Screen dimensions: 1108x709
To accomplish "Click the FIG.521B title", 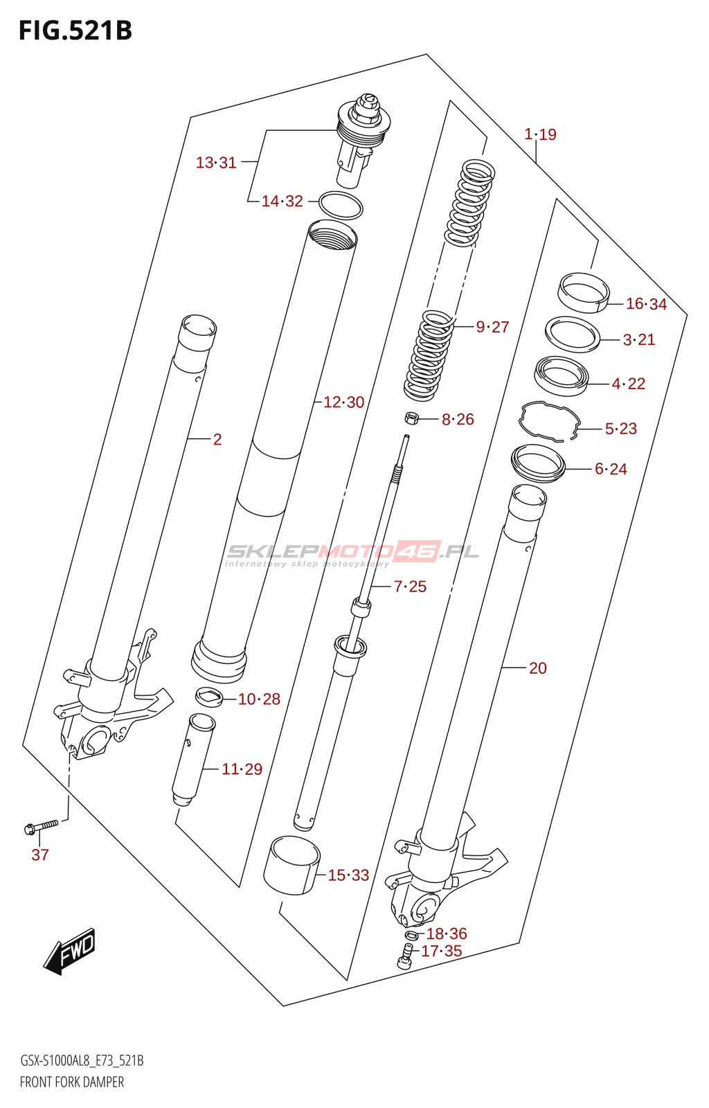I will point(75,30).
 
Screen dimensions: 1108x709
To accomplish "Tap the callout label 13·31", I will point(216,163).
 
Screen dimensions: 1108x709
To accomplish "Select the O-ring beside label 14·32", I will point(341,206).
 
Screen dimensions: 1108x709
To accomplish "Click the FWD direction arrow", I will point(70,951).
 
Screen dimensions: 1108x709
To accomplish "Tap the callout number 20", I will point(537,668).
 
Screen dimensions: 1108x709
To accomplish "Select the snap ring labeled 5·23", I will point(550,420).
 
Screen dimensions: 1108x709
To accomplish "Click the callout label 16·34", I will point(646,304).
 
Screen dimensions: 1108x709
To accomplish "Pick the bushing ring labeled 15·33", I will point(292,866).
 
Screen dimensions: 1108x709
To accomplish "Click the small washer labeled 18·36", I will point(411,936).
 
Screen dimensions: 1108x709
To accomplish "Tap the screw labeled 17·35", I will point(406,958).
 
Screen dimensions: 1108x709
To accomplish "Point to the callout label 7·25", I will point(410,587).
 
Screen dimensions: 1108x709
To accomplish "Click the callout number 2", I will point(217,440).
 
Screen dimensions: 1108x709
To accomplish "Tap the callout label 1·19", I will point(540,134).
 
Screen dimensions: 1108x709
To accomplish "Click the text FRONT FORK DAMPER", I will point(72,1082).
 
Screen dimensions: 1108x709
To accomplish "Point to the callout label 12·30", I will point(343,402).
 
